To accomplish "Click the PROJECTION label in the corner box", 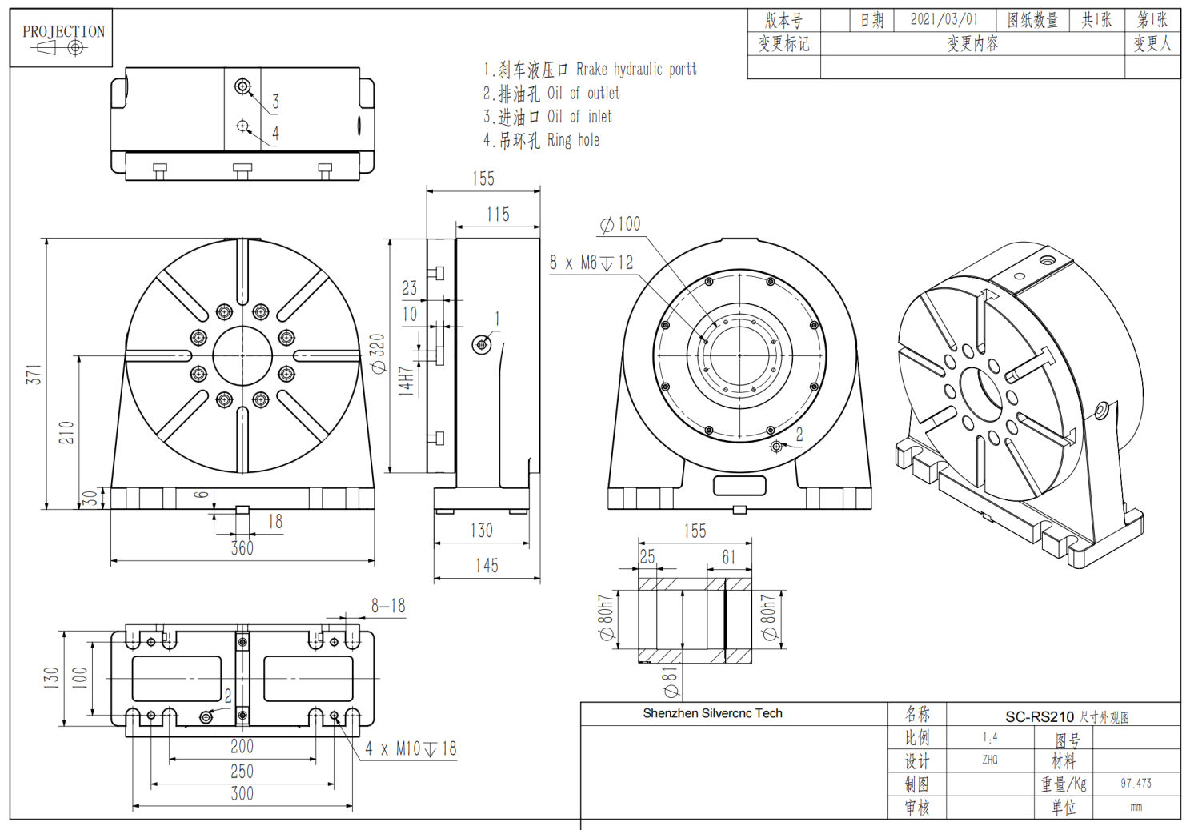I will (x=63, y=31).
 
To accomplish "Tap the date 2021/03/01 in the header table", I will (x=944, y=19).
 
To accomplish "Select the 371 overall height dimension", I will (x=34, y=375).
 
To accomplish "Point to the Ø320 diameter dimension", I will (x=378, y=354).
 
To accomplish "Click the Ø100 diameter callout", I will (x=620, y=224).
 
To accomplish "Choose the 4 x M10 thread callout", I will (x=411, y=749).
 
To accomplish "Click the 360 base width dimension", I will (x=242, y=548).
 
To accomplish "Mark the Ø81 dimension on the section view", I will (x=671, y=682).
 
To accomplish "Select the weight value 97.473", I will (x=1136, y=784).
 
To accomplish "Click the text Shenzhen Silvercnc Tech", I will (x=712, y=713).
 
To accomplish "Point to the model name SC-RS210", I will (x=1040, y=717).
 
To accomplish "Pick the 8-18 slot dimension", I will (x=388, y=607).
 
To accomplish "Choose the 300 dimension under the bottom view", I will (x=242, y=794).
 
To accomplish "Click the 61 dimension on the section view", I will (x=728, y=557).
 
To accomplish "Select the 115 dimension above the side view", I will (x=498, y=215).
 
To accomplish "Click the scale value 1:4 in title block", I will (x=990, y=737).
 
